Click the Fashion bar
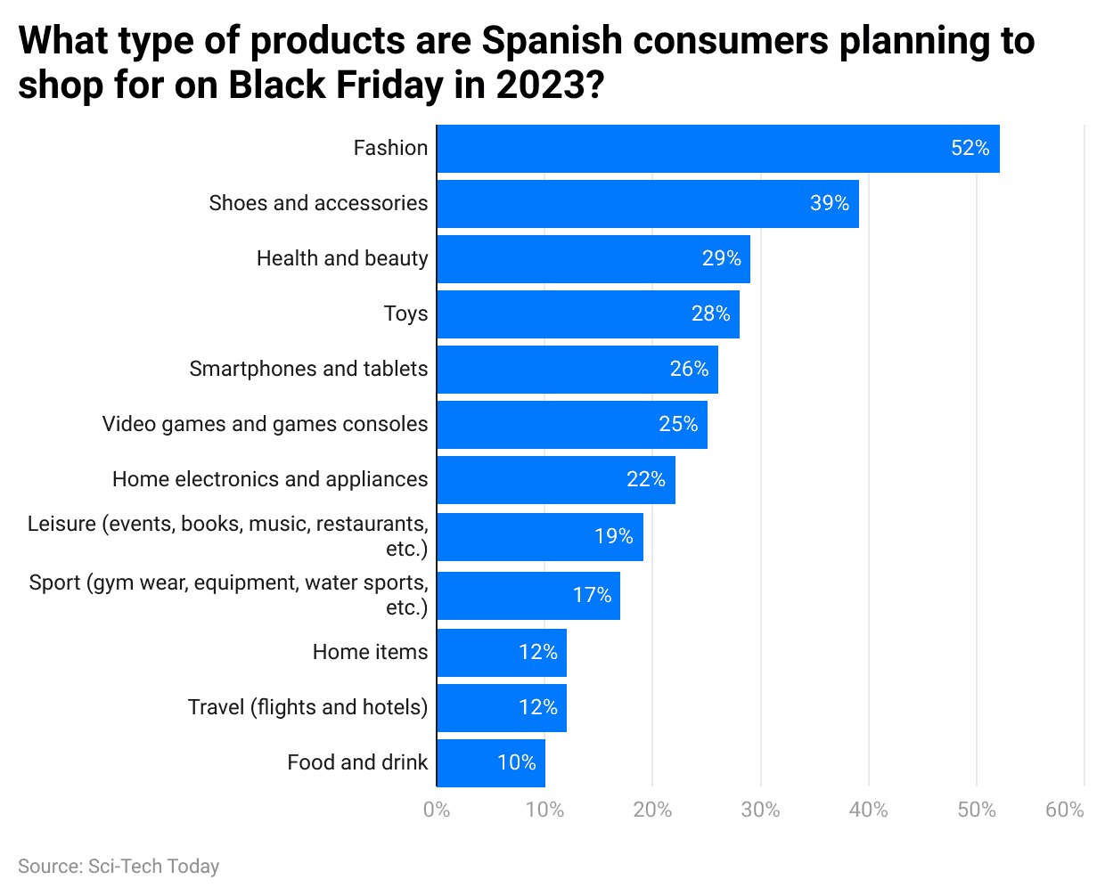[717, 149]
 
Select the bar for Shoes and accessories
[648, 204]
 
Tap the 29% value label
[721, 258]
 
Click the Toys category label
[405, 314]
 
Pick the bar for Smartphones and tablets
[577, 370]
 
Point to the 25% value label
[678, 424]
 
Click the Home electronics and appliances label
[270, 479]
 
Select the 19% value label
[613, 536]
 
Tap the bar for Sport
[528, 596]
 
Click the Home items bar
[502, 653]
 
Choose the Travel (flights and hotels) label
[307, 707]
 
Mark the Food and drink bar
[491, 763]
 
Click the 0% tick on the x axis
[437, 810]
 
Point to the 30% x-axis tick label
[760, 810]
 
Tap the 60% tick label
[1064, 810]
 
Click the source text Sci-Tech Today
[153, 866]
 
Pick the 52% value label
[970, 148]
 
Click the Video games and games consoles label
[265, 424]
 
